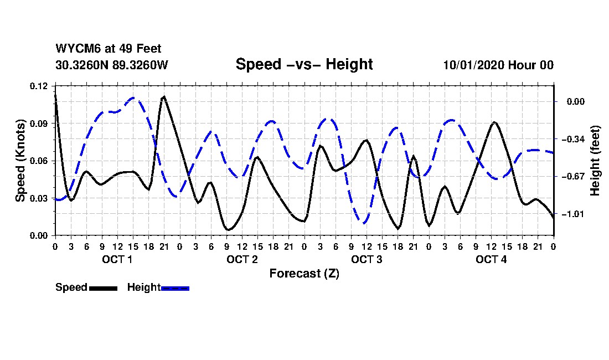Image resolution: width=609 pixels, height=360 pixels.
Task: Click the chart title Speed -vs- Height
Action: [x=304, y=64]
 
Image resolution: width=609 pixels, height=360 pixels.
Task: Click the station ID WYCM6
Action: [x=75, y=49]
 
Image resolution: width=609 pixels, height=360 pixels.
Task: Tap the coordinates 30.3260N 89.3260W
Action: [x=111, y=65]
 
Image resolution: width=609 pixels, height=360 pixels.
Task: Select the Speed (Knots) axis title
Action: [x=20, y=161]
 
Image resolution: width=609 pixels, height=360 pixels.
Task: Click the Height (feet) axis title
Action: [x=596, y=161]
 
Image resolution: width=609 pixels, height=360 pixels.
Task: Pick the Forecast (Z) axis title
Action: [x=304, y=274]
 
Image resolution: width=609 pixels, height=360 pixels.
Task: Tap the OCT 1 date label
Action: [x=117, y=260]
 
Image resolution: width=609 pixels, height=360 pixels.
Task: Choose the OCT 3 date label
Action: [x=367, y=260]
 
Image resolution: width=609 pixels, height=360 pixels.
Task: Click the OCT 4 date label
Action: [x=491, y=260]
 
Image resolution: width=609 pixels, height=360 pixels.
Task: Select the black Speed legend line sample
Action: [x=102, y=288]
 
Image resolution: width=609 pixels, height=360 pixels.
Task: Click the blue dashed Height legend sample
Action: [x=175, y=288]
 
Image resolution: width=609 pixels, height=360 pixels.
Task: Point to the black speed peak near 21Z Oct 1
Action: [x=164, y=97]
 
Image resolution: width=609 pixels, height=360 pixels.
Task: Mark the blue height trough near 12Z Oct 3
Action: [x=363, y=223]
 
